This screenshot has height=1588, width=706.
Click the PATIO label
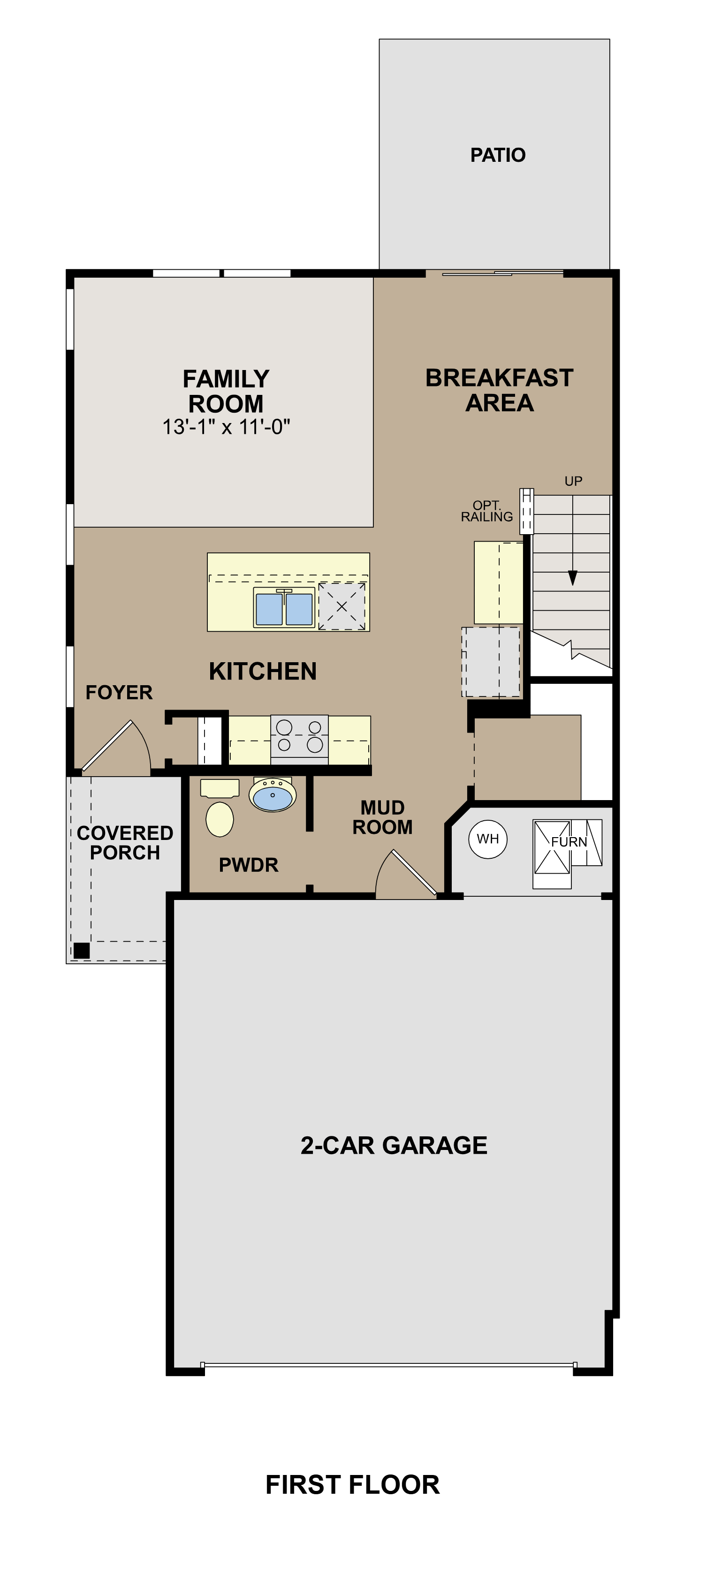click(498, 155)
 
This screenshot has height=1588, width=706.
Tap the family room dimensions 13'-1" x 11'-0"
click(226, 427)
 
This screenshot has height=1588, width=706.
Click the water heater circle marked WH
click(488, 839)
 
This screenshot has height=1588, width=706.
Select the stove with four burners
click(299, 737)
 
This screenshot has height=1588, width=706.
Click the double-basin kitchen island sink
click(284, 608)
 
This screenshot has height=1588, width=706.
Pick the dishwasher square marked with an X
click(342, 606)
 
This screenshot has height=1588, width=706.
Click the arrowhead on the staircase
click(572, 578)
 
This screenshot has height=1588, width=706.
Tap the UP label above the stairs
click(573, 481)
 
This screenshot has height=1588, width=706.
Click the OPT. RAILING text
click(486, 511)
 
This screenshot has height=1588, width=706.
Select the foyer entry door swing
click(117, 748)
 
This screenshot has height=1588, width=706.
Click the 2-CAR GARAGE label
click(394, 1145)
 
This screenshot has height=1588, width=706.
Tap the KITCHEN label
click(263, 671)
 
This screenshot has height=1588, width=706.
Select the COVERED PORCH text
click(125, 842)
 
